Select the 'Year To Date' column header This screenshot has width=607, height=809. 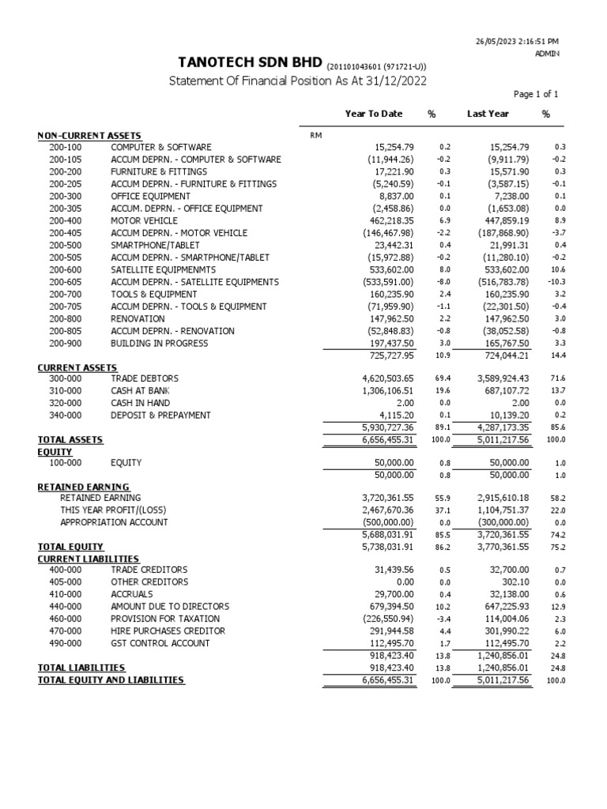(373, 114)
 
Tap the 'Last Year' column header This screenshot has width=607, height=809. (488, 114)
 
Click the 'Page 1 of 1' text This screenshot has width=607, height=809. (536, 94)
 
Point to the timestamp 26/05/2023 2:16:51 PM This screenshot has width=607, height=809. (518, 40)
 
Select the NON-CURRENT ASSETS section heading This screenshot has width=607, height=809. (89, 136)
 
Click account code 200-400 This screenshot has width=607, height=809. (65, 221)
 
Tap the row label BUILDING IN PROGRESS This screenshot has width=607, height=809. (159, 344)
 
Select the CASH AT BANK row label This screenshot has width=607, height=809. (140, 391)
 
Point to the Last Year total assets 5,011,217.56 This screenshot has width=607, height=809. (492, 439)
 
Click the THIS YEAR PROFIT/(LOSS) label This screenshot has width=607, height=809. (114, 510)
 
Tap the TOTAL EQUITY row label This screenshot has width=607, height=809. (70, 547)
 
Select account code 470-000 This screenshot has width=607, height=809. (65, 631)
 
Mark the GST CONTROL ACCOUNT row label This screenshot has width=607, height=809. (160, 643)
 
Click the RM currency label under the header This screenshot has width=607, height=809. (316, 136)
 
